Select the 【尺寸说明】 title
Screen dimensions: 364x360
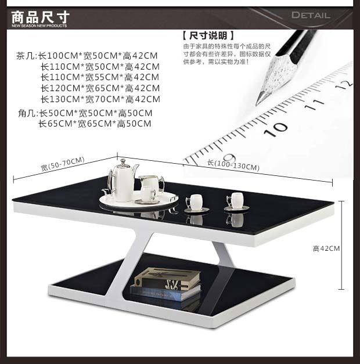[x=208, y=35]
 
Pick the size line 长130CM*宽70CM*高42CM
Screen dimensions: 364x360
[x=100, y=99]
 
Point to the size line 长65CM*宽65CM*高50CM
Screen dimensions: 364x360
[x=95, y=123]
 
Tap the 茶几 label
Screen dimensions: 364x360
[x=26, y=56]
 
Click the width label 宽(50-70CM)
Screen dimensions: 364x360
[x=63, y=164]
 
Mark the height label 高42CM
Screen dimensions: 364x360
[x=326, y=248]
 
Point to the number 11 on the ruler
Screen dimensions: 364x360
[x=314, y=104]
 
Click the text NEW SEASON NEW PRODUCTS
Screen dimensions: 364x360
[x=39, y=26]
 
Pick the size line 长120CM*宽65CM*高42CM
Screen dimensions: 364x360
[x=100, y=88]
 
